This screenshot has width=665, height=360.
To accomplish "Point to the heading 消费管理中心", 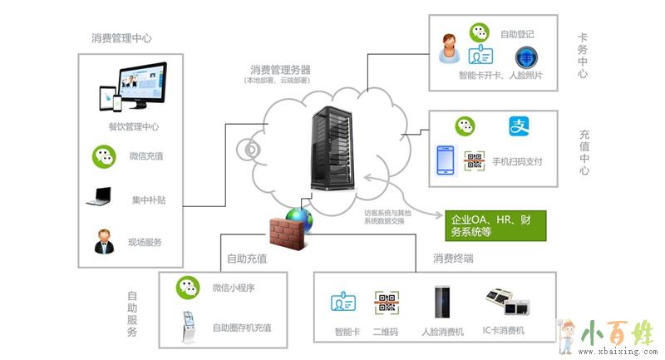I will point(121,38).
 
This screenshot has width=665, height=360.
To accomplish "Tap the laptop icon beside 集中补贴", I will point(98,198).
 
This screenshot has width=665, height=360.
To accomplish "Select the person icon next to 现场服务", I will point(103,242).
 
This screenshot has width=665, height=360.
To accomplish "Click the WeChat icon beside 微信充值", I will point(103,155).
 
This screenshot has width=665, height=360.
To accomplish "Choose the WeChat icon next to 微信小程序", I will point(188,288).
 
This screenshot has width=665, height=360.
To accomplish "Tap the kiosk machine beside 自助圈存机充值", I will point(190,327).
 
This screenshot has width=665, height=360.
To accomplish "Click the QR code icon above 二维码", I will point(386,303).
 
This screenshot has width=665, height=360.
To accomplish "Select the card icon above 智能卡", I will point(343,303).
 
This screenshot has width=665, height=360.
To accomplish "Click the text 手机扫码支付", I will point(517,161).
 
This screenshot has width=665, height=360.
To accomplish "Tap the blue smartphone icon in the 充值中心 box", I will point(447,160).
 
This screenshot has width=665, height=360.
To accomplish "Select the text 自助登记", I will point(517,34).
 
